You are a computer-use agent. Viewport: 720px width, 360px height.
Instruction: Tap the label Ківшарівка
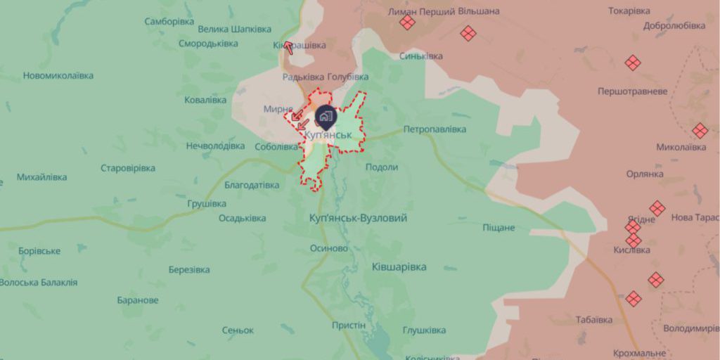point(399,267)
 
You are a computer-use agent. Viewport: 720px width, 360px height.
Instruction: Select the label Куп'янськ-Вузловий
point(358,219)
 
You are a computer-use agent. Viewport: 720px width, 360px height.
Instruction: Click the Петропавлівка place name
point(435,129)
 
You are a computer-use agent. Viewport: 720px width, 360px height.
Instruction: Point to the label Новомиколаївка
point(58,76)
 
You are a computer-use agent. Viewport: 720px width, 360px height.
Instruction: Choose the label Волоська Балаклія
point(39,283)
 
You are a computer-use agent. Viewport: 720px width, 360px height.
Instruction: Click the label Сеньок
point(238,330)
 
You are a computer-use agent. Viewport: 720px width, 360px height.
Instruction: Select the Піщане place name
point(499,228)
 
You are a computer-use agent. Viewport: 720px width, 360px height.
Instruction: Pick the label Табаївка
point(593,320)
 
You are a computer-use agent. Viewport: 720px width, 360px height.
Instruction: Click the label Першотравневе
point(632,91)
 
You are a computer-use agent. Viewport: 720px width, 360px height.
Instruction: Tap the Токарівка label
point(629,11)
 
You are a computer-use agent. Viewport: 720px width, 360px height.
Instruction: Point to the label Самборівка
point(169,22)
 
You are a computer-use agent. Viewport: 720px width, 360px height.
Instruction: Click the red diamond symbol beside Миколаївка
point(699,131)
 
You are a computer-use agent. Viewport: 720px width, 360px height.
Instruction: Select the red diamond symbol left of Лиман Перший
point(406,22)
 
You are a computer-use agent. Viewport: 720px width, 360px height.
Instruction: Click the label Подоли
point(382,167)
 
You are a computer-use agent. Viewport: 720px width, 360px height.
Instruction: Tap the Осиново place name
point(329,248)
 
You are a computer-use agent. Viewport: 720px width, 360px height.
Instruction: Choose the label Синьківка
point(421,56)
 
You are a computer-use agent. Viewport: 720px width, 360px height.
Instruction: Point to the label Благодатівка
point(252,185)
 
